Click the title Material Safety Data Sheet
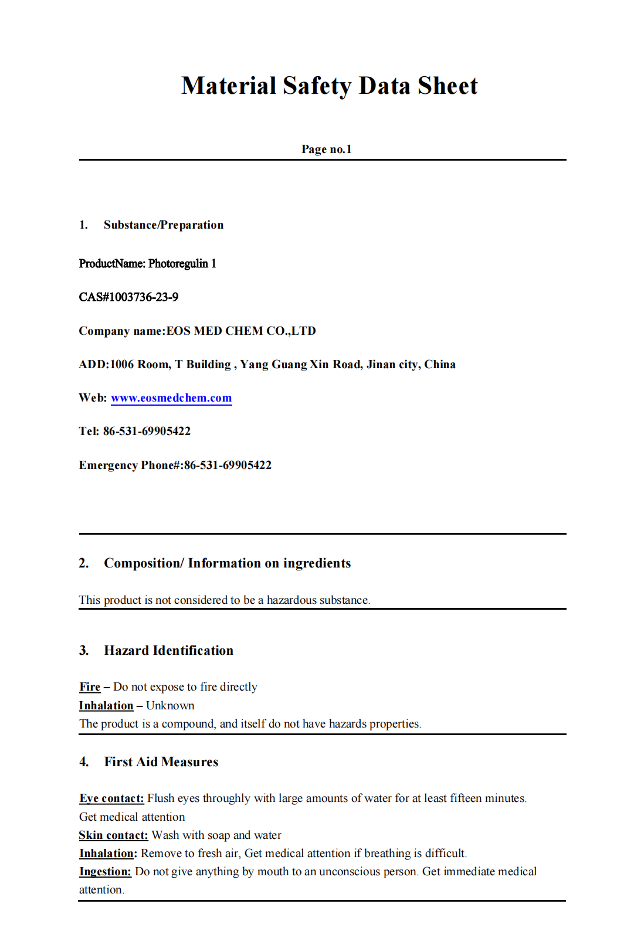[x=329, y=86]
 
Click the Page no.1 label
[x=326, y=149]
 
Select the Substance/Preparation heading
[x=163, y=225]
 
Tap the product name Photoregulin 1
[x=182, y=263]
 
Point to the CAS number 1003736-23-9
[x=144, y=297]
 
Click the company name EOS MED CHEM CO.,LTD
[x=241, y=331]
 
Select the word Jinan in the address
[x=381, y=364]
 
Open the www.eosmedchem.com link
[x=171, y=397]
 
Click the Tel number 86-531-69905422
[x=147, y=431]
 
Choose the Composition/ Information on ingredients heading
[x=227, y=563]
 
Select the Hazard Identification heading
[x=168, y=650]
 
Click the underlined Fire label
[x=90, y=686]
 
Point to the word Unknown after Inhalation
[x=170, y=705]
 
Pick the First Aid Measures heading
[x=161, y=762]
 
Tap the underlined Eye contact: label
[x=111, y=798]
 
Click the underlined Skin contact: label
[x=113, y=835]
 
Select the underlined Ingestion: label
[x=105, y=871]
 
